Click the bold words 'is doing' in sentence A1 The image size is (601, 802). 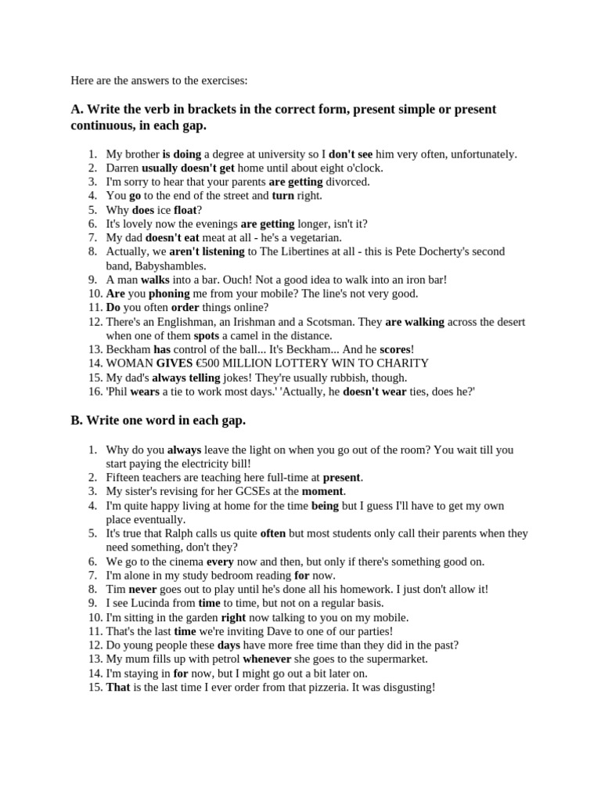tap(182, 154)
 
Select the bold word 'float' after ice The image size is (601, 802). tap(185, 210)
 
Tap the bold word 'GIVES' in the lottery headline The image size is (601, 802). tap(175, 363)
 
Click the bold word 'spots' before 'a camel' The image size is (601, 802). tap(207, 335)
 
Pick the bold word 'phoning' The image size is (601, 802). tap(169, 294)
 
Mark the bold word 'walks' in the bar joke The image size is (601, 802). tap(156, 280)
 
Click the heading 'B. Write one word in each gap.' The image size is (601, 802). tap(158, 421)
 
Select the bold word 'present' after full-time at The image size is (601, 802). tap(342, 477)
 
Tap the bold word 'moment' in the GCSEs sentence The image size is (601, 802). tap(322, 491)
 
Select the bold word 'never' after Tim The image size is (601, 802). tap(143, 589)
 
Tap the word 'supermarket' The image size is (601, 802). tap(396, 659)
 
